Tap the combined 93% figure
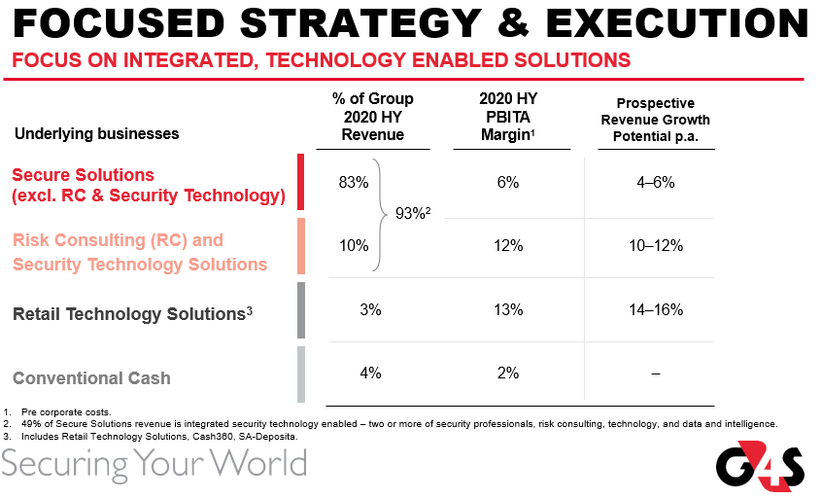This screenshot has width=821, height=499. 414,214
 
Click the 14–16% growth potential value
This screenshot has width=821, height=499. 656,310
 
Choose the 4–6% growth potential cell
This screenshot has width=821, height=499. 656,183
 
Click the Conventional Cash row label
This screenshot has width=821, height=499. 91,378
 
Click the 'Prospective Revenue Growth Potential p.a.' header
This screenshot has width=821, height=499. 656,120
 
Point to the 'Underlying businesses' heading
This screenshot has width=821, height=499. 97,133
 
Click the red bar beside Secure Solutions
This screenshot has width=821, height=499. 301,182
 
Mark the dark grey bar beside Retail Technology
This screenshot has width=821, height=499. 301,310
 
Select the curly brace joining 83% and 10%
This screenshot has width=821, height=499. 381,214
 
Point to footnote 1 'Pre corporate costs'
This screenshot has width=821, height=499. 62,412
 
